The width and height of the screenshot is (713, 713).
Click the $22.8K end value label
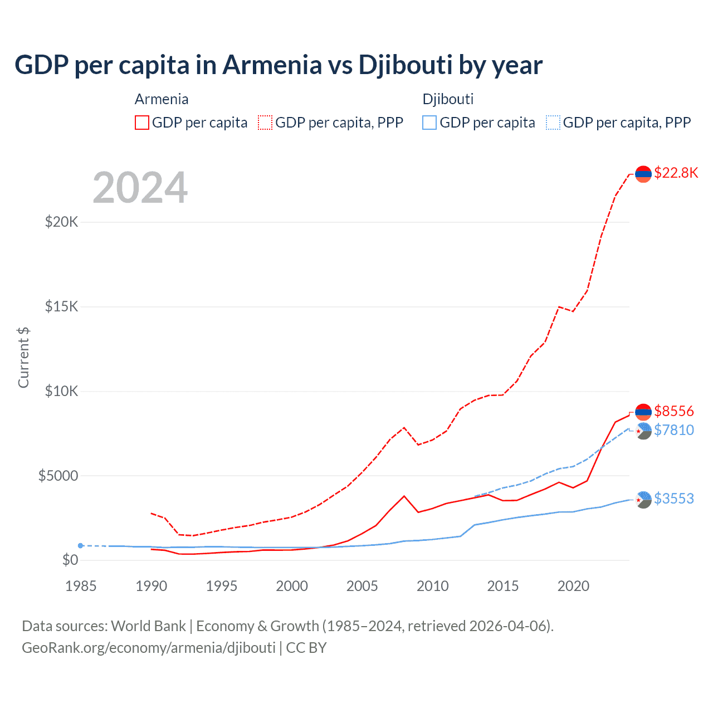click(x=676, y=173)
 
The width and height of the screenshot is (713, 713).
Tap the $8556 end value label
click(x=674, y=411)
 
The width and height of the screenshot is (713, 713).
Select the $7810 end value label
click(x=674, y=430)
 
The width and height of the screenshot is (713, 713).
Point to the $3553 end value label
click(x=674, y=499)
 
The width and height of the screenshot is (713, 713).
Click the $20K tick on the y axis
click(x=61, y=222)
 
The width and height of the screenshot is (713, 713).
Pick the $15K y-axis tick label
click(x=61, y=307)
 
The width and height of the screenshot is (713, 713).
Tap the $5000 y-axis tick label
click(x=58, y=476)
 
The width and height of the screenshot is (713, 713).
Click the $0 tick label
click(x=70, y=560)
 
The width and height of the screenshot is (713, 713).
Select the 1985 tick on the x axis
click(x=81, y=586)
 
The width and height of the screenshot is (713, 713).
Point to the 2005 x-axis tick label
click(x=362, y=586)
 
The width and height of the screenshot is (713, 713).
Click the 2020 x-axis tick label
click(x=573, y=586)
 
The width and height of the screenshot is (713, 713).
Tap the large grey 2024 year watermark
click(x=140, y=188)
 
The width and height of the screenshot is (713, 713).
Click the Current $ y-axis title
click(x=23, y=357)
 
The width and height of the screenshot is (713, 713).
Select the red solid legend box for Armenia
click(x=142, y=123)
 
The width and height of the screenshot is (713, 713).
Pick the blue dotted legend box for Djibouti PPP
click(x=553, y=123)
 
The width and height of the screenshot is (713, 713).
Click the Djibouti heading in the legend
click(x=448, y=99)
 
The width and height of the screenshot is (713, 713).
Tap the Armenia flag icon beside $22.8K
click(x=643, y=174)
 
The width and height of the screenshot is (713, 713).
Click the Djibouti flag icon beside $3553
click(x=643, y=500)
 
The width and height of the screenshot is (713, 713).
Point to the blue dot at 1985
click(x=81, y=546)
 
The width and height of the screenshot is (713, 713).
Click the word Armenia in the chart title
click(x=272, y=65)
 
